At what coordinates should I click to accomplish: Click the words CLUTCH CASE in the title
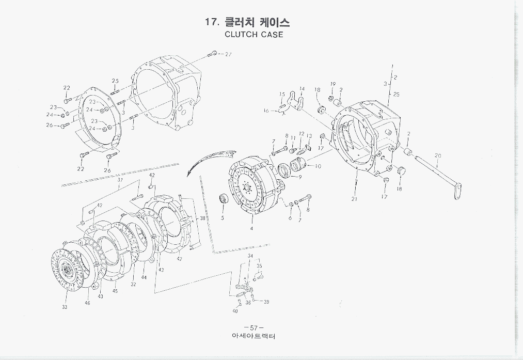(253, 35)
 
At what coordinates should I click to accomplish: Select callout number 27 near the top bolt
(228, 54)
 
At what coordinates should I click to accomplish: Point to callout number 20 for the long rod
(438, 155)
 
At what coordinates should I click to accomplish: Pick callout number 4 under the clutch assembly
(251, 228)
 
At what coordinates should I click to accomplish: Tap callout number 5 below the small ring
(223, 218)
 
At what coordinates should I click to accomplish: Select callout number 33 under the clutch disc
(65, 307)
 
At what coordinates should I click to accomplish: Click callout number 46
(87, 303)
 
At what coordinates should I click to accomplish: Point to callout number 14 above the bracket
(302, 89)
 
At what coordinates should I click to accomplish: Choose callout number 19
(333, 84)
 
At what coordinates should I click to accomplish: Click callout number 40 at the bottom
(235, 311)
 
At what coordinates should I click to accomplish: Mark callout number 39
(266, 302)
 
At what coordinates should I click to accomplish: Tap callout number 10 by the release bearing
(318, 166)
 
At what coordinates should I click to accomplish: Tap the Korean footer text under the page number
(253, 337)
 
